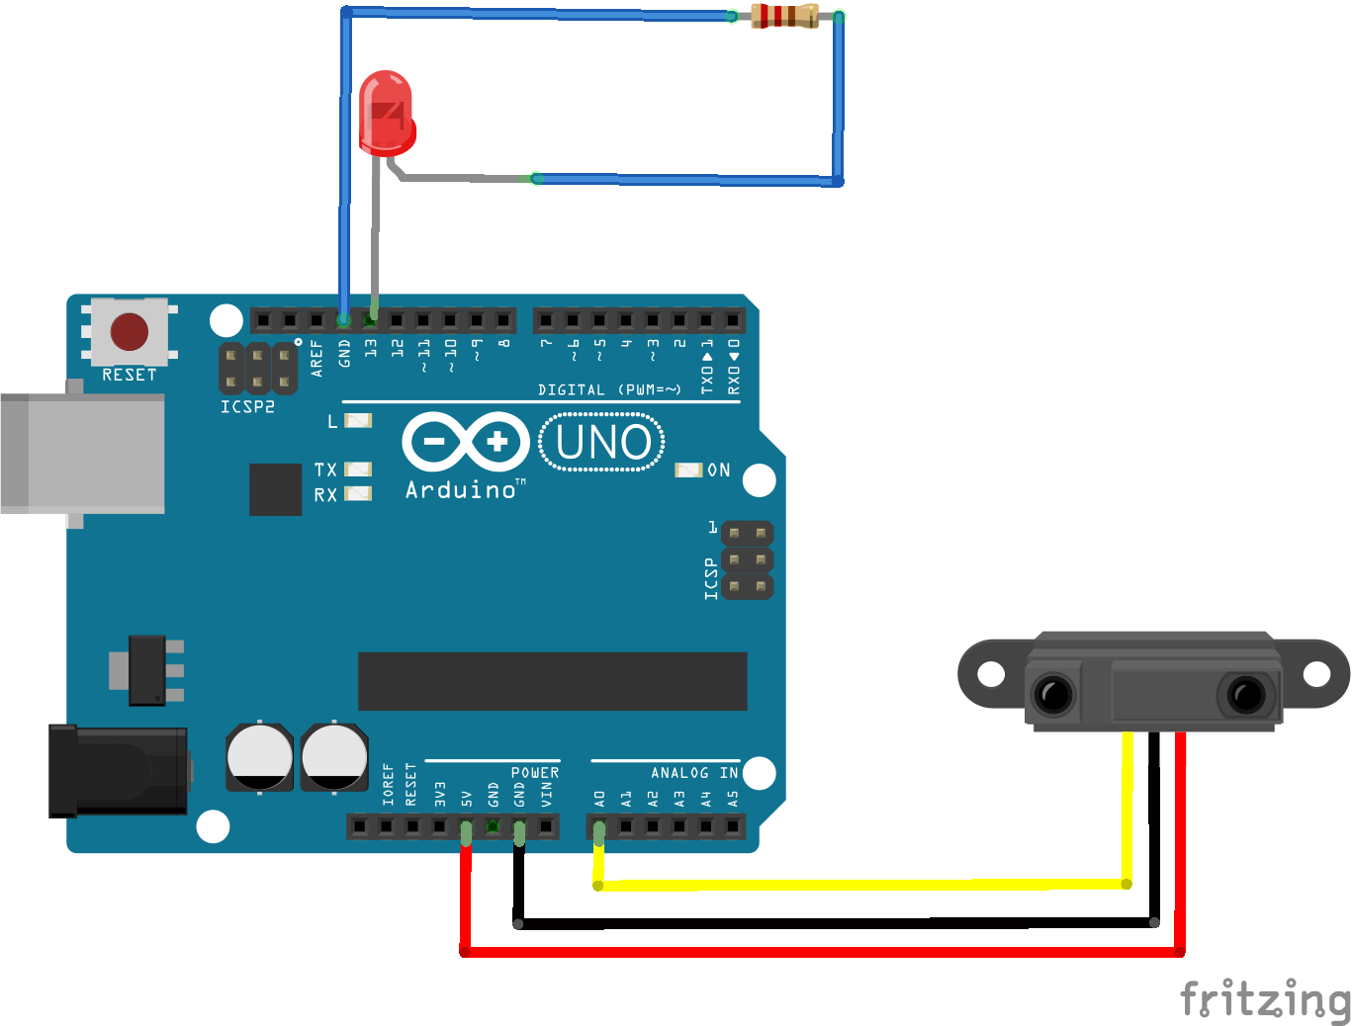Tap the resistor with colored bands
coord(784,16)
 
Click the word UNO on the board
coord(602,443)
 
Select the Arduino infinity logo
coord(466,441)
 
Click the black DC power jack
coord(119,771)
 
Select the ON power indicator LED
coord(688,470)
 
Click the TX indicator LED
coord(357,470)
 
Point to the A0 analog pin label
coord(599,798)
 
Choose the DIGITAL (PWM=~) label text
coord(609,389)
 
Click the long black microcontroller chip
coord(552,681)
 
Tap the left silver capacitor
coord(259,758)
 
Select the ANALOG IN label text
coord(694,772)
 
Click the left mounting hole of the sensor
coord(991,674)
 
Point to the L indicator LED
coord(357,421)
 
